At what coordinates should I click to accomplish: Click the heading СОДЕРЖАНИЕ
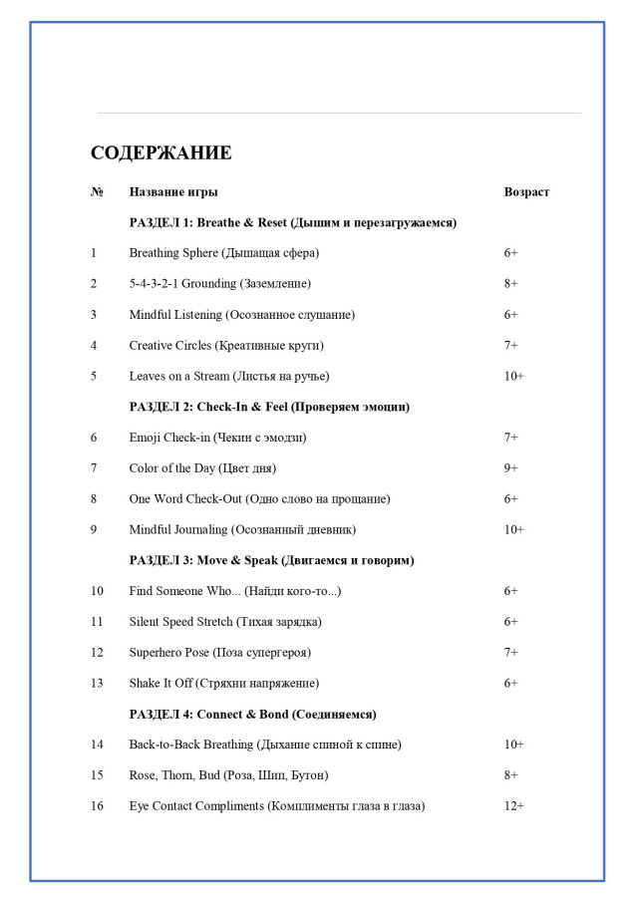pyautogui.click(x=160, y=152)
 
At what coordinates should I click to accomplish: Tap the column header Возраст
pyautogui.click(x=526, y=191)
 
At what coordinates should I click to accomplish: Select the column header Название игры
pyautogui.click(x=173, y=191)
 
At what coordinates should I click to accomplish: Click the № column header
pyautogui.click(x=97, y=191)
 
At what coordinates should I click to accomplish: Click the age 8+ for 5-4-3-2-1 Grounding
pyautogui.click(x=511, y=284)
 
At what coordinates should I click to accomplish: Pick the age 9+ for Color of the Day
pyautogui.click(x=511, y=468)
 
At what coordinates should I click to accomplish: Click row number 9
pyautogui.click(x=94, y=530)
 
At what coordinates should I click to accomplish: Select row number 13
pyautogui.click(x=97, y=684)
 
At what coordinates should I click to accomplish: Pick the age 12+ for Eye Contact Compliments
pyautogui.click(x=514, y=806)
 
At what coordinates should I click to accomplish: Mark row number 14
pyautogui.click(x=97, y=745)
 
